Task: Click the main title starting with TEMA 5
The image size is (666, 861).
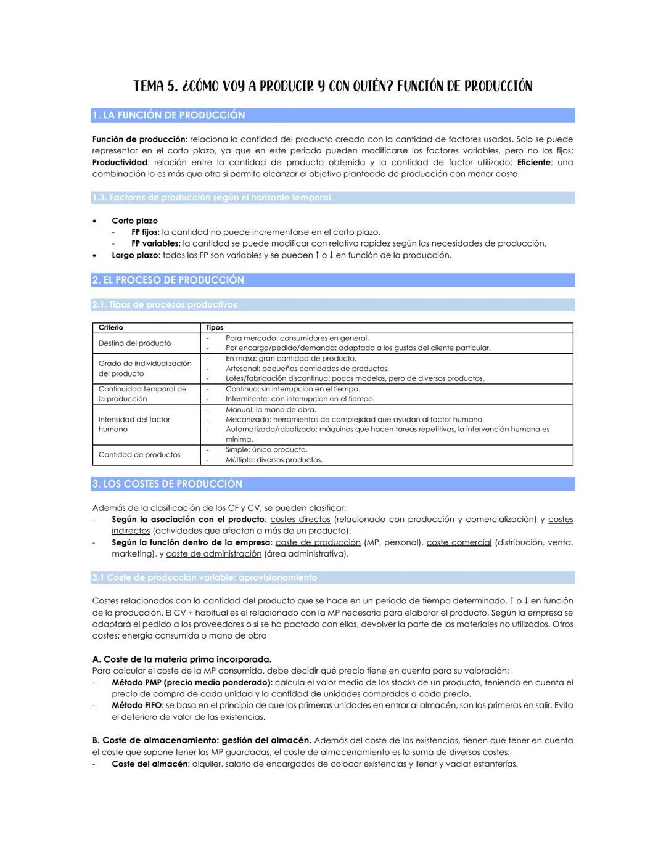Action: [332, 86]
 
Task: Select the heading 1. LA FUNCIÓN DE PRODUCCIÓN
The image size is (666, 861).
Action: [168, 115]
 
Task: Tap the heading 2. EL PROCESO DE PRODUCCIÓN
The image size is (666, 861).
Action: [168, 280]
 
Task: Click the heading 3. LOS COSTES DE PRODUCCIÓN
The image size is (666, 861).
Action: [167, 484]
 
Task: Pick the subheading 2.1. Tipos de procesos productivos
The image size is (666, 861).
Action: [164, 304]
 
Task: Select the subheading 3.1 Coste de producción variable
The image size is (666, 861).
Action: [204, 577]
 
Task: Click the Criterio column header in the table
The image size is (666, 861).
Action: [111, 327]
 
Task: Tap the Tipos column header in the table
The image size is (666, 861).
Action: [215, 327]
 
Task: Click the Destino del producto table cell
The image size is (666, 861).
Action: [134, 343]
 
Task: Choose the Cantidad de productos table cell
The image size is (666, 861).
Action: [139, 455]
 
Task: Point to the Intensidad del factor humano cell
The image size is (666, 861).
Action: [134, 424]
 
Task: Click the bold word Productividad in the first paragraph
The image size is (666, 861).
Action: [120, 163]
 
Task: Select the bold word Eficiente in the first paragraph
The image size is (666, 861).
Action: [533, 163]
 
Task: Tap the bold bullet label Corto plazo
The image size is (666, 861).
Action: [134, 221]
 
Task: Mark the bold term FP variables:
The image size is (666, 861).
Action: [155, 243]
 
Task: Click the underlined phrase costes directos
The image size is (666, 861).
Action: [300, 520]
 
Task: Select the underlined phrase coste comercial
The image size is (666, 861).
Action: [459, 542]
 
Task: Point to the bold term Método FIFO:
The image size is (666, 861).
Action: [138, 705]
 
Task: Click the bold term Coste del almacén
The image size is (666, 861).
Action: [150, 764]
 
